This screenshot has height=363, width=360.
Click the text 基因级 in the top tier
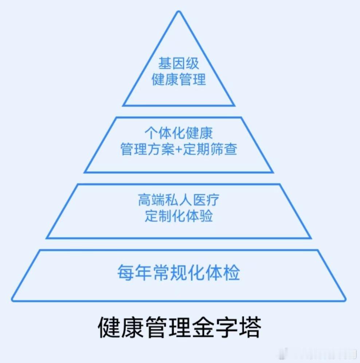click(x=179, y=63)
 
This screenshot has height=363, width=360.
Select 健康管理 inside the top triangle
click(x=179, y=80)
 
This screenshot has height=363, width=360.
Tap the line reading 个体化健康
click(x=179, y=133)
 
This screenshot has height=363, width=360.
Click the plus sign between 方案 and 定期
click(x=179, y=149)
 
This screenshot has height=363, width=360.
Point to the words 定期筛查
click(x=210, y=149)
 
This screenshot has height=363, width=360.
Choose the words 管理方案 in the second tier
click(x=147, y=149)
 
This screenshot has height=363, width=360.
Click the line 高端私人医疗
click(x=179, y=200)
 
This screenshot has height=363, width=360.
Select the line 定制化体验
click(x=179, y=216)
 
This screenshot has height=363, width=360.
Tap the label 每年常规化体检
click(x=179, y=273)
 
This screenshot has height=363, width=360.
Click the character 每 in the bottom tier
click(x=126, y=273)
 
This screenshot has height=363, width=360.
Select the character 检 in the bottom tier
click(x=231, y=273)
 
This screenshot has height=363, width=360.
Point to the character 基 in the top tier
click(x=165, y=63)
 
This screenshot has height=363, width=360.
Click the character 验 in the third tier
click(x=206, y=216)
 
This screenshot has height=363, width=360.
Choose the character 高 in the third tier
click(x=145, y=200)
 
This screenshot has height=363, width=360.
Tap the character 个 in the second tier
click(x=152, y=133)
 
